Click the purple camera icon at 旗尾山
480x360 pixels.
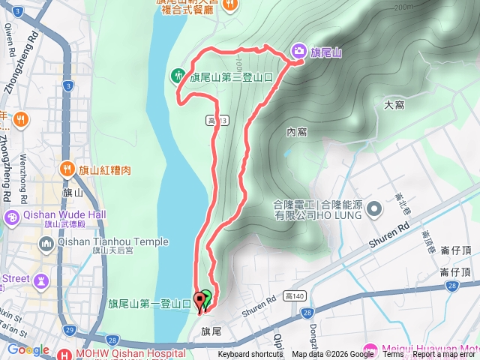point(299,51)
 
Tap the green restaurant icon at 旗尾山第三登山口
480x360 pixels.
point(178,75)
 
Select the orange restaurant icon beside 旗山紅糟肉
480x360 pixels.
point(68,169)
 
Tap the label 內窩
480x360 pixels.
point(296,132)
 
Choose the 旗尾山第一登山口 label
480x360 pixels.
point(149,304)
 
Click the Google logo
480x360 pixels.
point(28,350)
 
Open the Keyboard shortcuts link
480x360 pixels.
point(250,355)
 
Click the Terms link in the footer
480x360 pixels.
point(393,355)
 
